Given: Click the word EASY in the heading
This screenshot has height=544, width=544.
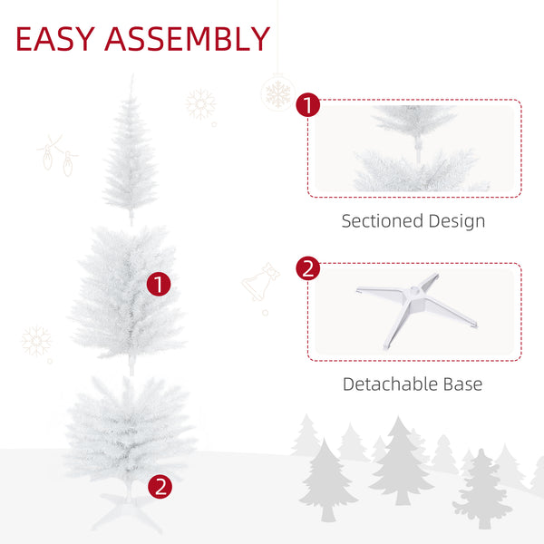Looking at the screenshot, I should point(56,39).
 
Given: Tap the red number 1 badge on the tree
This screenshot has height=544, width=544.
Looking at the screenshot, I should point(160,284).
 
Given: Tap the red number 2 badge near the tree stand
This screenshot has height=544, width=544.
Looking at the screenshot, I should point(160,486).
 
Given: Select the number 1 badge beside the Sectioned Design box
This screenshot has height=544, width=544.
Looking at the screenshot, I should point(308,106).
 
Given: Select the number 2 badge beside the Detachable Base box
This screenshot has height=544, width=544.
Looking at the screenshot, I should point(308,268).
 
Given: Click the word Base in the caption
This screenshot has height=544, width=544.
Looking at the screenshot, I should point(462,384).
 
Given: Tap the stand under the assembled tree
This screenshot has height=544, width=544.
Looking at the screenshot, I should point(130,512).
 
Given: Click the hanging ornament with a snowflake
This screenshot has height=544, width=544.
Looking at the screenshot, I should point(277,92).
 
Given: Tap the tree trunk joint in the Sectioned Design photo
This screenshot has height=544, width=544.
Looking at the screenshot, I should point(415,143).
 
